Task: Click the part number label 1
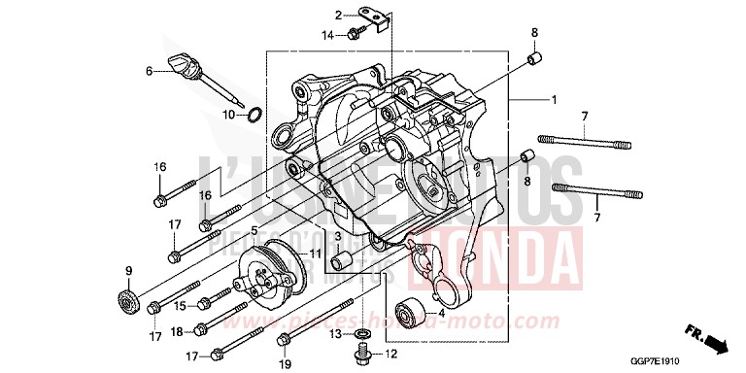click(x=554, y=101)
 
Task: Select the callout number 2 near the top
click(x=339, y=15)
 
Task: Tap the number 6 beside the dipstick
click(x=149, y=71)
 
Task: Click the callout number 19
click(x=286, y=363)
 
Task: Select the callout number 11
click(x=316, y=254)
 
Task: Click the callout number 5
click(x=254, y=230)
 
